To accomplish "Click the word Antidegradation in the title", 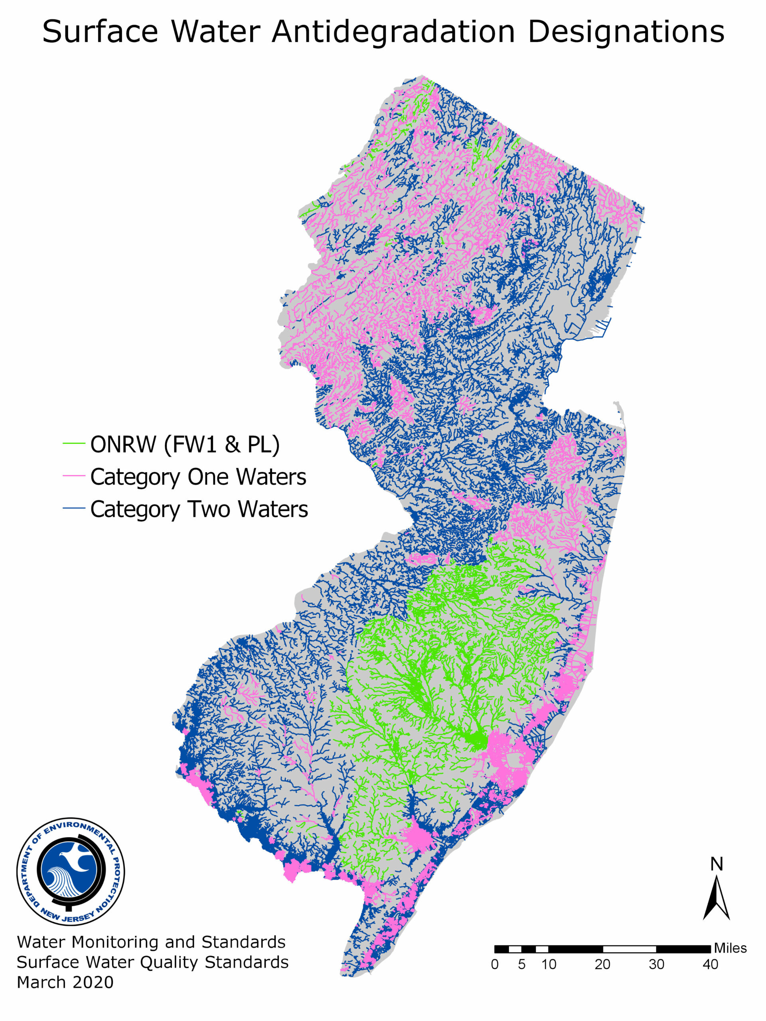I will click(x=393, y=32).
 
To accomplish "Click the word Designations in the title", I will click(x=626, y=32).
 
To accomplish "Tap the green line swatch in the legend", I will click(x=74, y=443).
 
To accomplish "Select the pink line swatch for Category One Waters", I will click(x=74, y=476).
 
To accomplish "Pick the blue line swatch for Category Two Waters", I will click(x=74, y=508).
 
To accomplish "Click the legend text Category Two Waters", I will click(x=199, y=509).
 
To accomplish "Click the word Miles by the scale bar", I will click(x=730, y=948).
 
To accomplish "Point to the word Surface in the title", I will click(x=100, y=32).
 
